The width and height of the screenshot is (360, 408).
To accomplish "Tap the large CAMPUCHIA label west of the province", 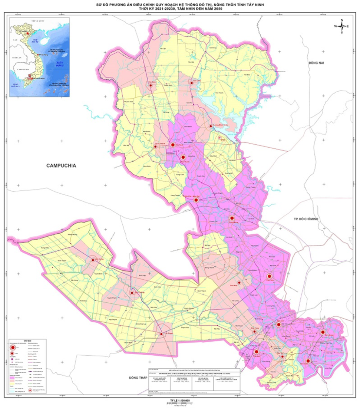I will (61, 166).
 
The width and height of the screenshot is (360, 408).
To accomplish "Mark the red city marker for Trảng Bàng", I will (232, 218).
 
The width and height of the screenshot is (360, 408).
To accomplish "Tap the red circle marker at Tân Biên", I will (151, 85).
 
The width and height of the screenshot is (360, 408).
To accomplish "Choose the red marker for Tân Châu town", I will (192, 83).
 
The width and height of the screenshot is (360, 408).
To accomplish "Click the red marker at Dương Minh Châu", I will (211, 126).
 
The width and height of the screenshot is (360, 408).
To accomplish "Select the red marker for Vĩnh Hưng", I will (92, 260).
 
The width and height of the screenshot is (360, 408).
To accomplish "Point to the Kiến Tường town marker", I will (132, 293).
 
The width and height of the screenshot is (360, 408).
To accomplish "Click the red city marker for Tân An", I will (257, 352).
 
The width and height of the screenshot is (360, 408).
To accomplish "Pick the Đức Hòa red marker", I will (270, 276).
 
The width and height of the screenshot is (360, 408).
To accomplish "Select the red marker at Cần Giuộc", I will (308, 361).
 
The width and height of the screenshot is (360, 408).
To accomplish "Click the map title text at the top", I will (180, 7).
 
